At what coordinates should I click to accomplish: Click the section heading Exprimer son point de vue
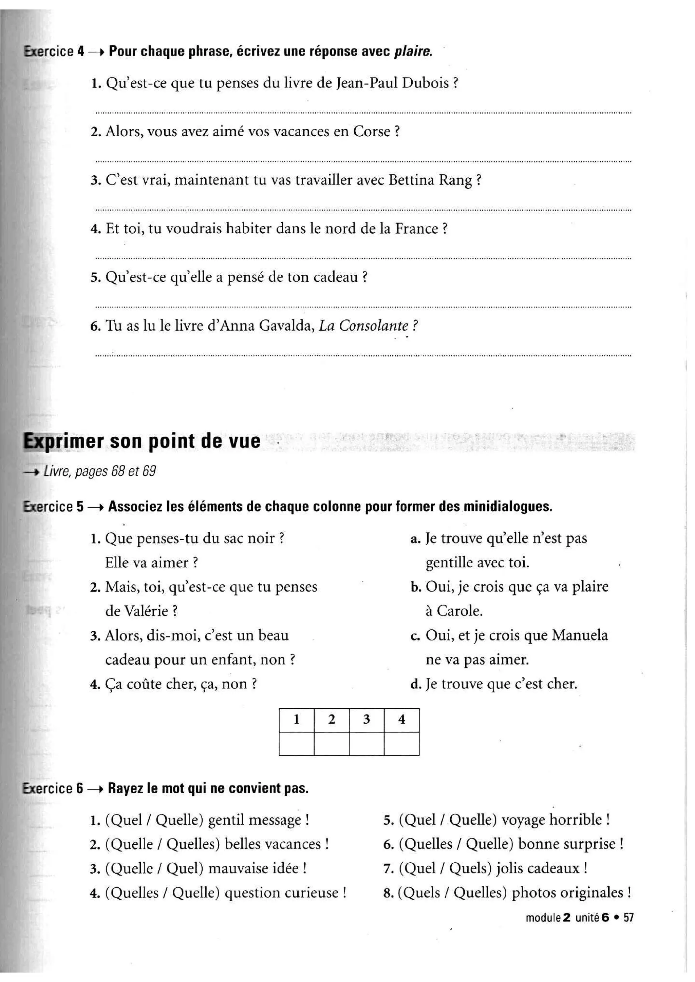(x=142, y=441)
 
